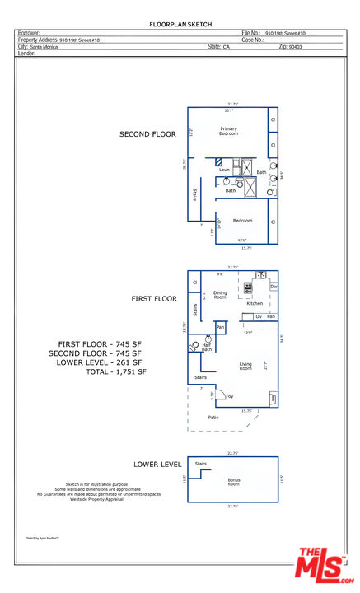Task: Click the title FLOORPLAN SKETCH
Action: coord(180,26)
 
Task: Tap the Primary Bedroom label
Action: coord(228,132)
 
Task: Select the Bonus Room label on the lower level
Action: coord(233,482)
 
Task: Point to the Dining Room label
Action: coord(220,294)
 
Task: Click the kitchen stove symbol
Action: coord(247,288)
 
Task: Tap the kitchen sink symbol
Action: coord(259,275)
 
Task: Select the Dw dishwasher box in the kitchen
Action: coord(274,287)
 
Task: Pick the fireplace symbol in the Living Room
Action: coord(273,398)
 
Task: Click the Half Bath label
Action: coord(207,348)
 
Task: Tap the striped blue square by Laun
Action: coord(220,163)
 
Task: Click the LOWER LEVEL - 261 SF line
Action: coord(99,362)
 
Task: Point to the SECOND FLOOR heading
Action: coord(147,134)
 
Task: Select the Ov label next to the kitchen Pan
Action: coord(258,316)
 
